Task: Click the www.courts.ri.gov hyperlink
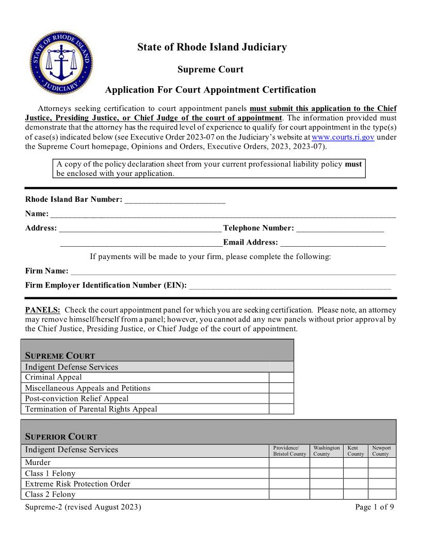tap(343, 137)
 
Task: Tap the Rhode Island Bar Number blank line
tap(175, 199)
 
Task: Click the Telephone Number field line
tap(340, 228)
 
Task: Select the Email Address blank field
tap(333, 243)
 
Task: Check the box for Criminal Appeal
tap(281, 377)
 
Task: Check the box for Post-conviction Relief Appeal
tap(281, 398)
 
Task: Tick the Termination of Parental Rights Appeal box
tap(281, 409)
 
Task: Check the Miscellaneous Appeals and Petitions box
tap(281, 388)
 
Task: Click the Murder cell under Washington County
tap(326, 463)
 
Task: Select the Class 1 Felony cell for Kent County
tap(355, 473)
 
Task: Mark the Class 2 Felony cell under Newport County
tap(382, 494)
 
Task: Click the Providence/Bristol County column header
tap(289, 451)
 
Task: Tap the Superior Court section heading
tap(61, 437)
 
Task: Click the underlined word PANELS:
tap(43, 310)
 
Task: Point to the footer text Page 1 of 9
tap(375, 507)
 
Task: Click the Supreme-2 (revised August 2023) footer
tap(83, 507)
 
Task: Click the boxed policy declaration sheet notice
tap(209, 169)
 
